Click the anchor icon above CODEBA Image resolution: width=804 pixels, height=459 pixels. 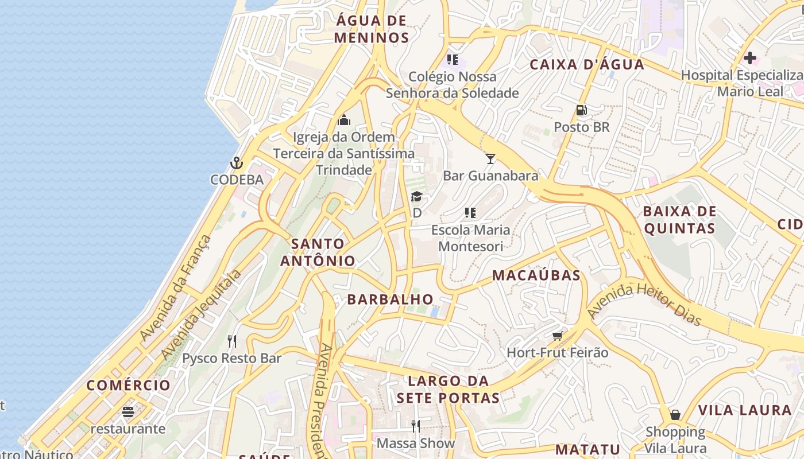[x=236, y=164]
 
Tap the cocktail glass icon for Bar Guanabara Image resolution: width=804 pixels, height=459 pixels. [x=490, y=159]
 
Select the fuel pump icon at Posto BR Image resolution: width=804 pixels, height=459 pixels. [x=582, y=110]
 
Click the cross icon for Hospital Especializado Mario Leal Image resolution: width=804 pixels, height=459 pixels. [x=749, y=58]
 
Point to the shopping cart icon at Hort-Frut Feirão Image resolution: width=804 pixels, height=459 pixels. [x=557, y=336]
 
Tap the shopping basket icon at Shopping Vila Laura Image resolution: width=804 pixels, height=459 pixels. [x=675, y=414]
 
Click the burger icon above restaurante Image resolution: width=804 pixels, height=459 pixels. [x=127, y=412]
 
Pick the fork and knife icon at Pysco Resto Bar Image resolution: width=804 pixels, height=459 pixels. [x=232, y=341]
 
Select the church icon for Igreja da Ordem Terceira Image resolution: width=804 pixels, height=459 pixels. [x=344, y=120]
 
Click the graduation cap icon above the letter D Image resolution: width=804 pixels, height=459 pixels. [x=416, y=197]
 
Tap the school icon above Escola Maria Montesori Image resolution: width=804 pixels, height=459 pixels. [x=470, y=213]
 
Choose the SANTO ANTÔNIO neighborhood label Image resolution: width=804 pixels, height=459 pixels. [x=318, y=252]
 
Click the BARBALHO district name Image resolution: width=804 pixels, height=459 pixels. [x=390, y=299]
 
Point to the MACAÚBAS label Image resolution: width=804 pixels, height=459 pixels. [x=536, y=275]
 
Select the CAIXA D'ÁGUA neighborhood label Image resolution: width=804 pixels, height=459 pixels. [x=587, y=64]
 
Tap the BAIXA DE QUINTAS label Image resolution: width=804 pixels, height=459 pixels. [x=679, y=220]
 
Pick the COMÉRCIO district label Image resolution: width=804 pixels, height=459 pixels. [x=129, y=385]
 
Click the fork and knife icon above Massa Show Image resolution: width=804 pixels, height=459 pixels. [x=416, y=426]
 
